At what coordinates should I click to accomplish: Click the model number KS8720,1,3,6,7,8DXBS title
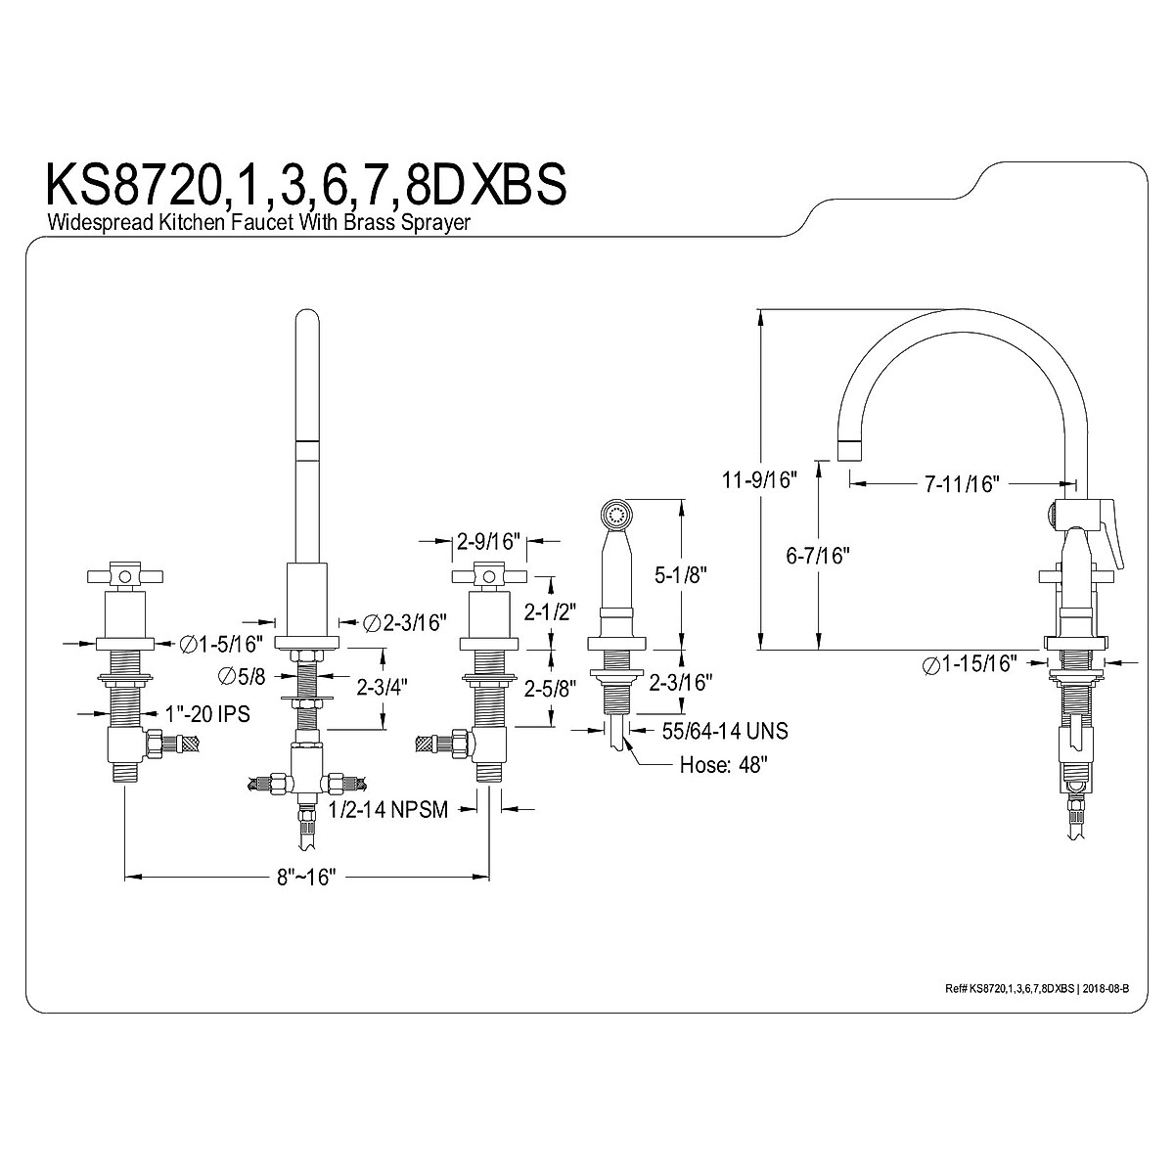(x=305, y=185)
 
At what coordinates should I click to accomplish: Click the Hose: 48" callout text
(x=723, y=765)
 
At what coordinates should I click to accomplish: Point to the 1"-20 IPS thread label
(x=206, y=715)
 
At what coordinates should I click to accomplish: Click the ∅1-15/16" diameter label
(x=970, y=663)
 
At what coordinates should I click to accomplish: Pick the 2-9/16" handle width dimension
(x=487, y=539)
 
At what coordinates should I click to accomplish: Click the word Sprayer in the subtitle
(x=438, y=223)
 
